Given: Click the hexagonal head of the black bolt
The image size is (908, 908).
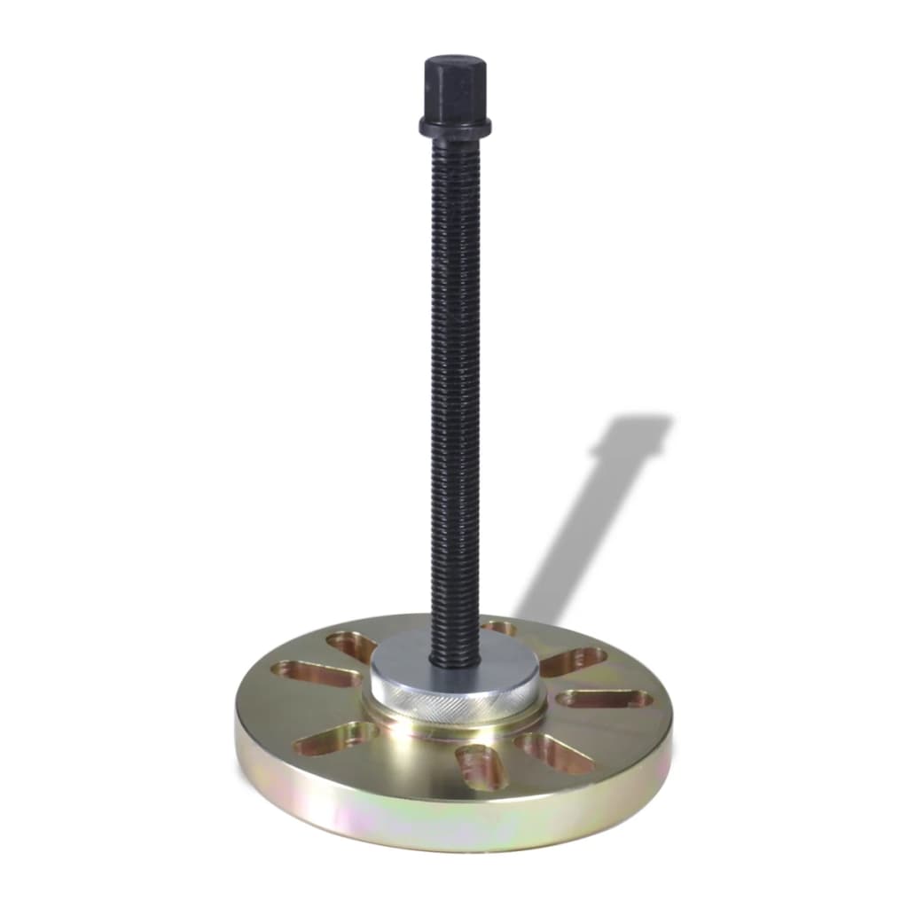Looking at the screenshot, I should pos(455,93).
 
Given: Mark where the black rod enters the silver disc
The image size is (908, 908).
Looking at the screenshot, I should pos(454,663).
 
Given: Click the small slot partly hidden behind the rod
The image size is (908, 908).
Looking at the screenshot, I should pos(499,628).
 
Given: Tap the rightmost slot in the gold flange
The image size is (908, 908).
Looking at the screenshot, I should pos(605,699).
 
